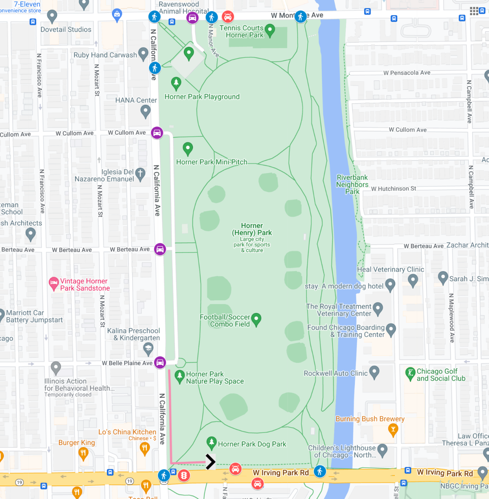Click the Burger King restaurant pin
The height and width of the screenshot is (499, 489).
coord(83,453)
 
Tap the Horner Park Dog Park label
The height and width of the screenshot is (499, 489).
coord(252,444)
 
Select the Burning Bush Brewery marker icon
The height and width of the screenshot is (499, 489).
coord(393,430)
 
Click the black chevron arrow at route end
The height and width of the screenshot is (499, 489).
coord(210,462)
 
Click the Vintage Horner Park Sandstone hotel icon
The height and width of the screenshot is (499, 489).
coord(53,284)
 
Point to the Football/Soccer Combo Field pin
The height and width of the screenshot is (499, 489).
coord(256,319)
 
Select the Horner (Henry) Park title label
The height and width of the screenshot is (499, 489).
coord(252,229)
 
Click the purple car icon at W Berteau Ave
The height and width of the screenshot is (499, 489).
coord(160,249)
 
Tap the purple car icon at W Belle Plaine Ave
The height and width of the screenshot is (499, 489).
coord(160,362)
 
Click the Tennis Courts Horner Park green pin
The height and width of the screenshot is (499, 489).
coord(270,30)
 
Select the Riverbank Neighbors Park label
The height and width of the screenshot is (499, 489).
coord(352,185)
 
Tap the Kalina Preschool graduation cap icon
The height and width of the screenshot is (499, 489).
coord(148,348)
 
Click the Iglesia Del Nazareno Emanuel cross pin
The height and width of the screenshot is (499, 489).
coord(140,173)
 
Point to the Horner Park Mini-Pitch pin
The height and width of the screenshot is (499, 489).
coord(188,148)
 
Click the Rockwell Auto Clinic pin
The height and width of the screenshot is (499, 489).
coord(374,371)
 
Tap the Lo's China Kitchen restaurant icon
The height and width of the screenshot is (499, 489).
coord(144,448)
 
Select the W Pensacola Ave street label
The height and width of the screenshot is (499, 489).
coord(407,73)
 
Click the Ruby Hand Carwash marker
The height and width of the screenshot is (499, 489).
coord(143,54)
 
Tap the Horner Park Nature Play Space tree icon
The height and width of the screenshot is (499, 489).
coord(179,376)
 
